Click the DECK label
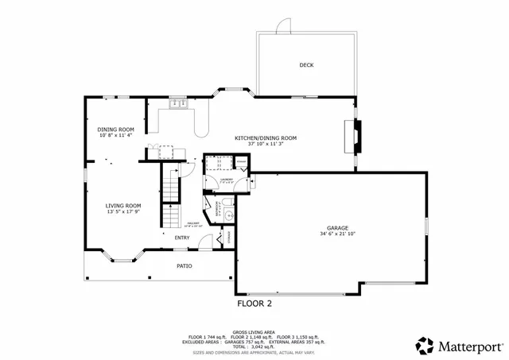coord(306,65)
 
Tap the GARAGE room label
coord(332,226)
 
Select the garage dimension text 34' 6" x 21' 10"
coord(332,234)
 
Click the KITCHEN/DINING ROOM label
coord(265,137)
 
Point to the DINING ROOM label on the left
coord(115,129)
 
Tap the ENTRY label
coord(182,238)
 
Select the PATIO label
coord(185,265)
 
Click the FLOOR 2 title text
coord(254,304)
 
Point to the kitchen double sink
coord(177,102)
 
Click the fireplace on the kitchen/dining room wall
coord(358,134)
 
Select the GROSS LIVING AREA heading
coord(254,331)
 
